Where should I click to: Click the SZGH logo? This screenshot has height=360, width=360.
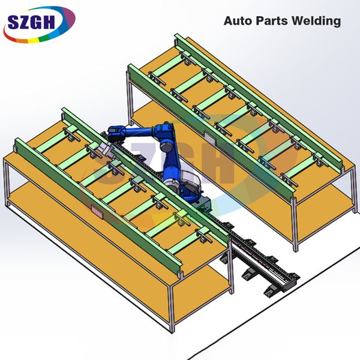pos(39,25)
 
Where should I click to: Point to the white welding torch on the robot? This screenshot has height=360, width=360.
pos(107,149)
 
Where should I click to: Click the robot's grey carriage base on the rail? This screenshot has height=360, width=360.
pos(203,204)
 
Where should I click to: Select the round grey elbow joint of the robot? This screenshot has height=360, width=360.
pos(167,145)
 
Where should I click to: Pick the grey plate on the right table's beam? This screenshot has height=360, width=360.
pos(209,138)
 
